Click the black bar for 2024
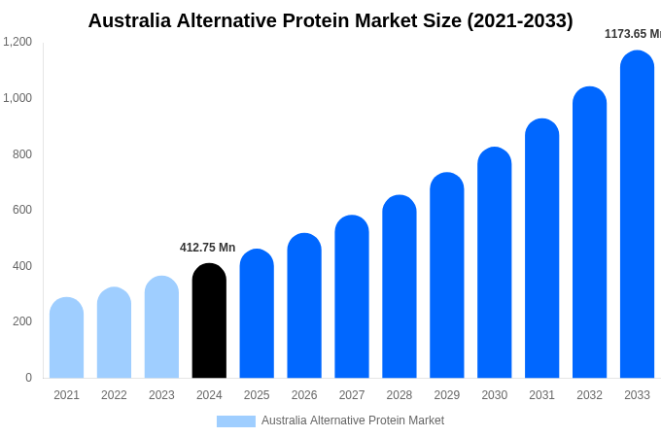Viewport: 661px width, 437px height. (x=209, y=321)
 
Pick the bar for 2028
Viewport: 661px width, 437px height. (x=400, y=287)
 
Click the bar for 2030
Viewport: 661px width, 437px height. (x=494, y=263)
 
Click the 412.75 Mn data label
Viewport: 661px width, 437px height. (x=207, y=248)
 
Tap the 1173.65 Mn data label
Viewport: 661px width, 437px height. (x=633, y=34)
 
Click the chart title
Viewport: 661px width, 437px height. (x=330, y=20)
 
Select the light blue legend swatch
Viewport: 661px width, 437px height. (x=236, y=421)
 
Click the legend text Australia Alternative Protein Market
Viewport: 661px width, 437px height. (x=353, y=420)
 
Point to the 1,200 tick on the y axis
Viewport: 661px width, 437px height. (x=17, y=42)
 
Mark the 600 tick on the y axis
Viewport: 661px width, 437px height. (x=21, y=210)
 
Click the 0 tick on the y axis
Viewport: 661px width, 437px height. (x=28, y=378)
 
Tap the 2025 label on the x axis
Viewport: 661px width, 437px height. (x=257, y=395)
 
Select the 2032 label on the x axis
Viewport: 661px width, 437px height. (x=589, y=395)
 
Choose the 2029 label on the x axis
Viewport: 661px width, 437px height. (x=447, y=395)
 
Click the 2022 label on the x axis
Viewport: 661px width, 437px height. (x=114, y=395)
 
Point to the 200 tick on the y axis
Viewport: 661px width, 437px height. (x=21, y=321)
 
